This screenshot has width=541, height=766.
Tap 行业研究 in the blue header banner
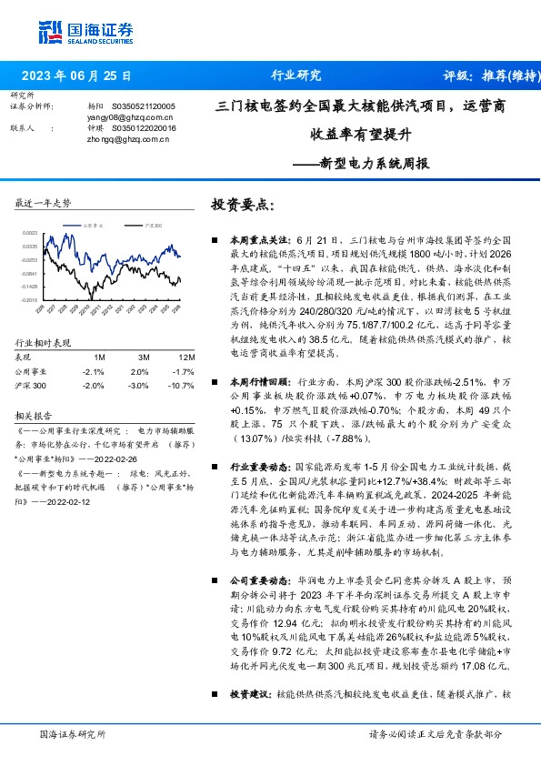296,76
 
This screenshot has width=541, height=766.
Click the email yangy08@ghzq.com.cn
118,118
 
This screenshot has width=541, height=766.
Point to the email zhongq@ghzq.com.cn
118,140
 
